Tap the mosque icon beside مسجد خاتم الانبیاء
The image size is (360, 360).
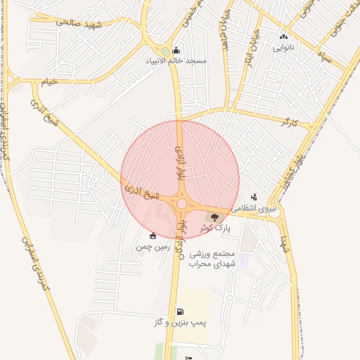[x=175, y=50]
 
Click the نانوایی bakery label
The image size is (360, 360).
[x=283, y=49]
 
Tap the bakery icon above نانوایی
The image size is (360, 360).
[x=283, y=37]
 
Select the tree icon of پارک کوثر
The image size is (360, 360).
[x=215, y=217]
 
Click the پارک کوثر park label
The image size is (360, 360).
[x=214, y=228]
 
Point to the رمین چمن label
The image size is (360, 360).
[x=154, y=247]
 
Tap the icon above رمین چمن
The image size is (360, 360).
[x=153, y=236]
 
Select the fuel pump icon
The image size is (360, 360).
[x=181, y=311]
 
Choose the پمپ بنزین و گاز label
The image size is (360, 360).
[x=180, y=323]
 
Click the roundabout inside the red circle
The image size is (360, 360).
[x=182, y=204]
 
